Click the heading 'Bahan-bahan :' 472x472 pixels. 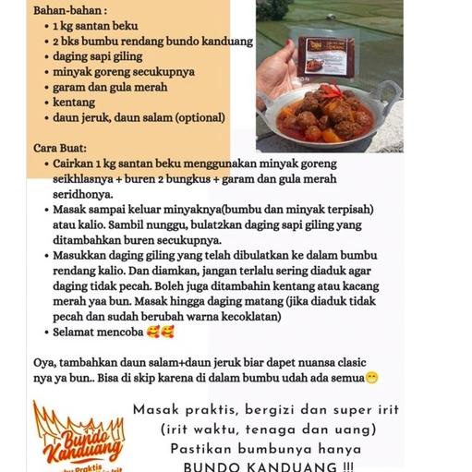(45, 10)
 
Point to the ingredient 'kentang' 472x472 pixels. (73, 102)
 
